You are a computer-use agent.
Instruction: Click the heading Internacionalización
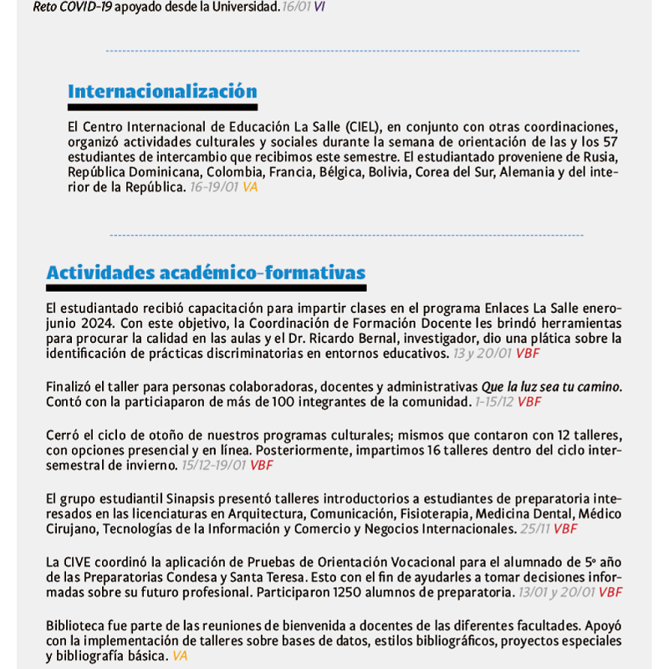tap(162, 91)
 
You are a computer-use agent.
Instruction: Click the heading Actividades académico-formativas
tap(206, 273)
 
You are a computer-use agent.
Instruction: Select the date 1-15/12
tap(493, 402)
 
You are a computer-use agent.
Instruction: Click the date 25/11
tap(534, 529)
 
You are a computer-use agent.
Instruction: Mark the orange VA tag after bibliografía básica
tap(180, 656)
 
